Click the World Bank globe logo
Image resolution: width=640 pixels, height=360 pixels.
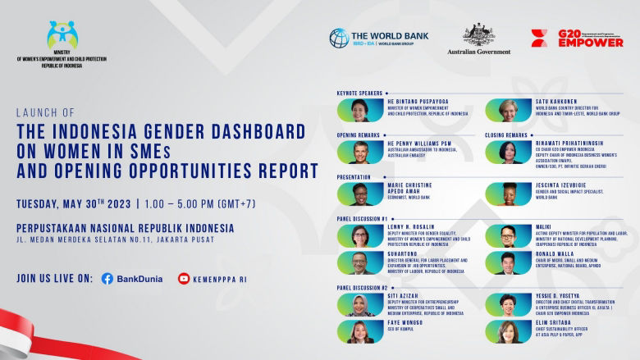[x=339, y=38]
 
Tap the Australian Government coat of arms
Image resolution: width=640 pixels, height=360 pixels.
[x=478, y=34]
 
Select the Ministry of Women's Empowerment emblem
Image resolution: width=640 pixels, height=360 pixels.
[x=62, y=35]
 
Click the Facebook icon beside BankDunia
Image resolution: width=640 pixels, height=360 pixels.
[x=107, y=279]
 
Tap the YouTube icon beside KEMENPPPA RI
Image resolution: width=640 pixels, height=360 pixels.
[x=184, y=279]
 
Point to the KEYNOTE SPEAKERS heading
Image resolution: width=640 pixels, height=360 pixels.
[x=359, y=93]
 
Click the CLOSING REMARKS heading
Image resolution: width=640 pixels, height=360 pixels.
[x=506, y=134]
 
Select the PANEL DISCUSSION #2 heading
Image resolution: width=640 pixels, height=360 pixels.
[x=362, y=288]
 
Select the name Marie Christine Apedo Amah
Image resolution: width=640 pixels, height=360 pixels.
[x=404, y=189]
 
